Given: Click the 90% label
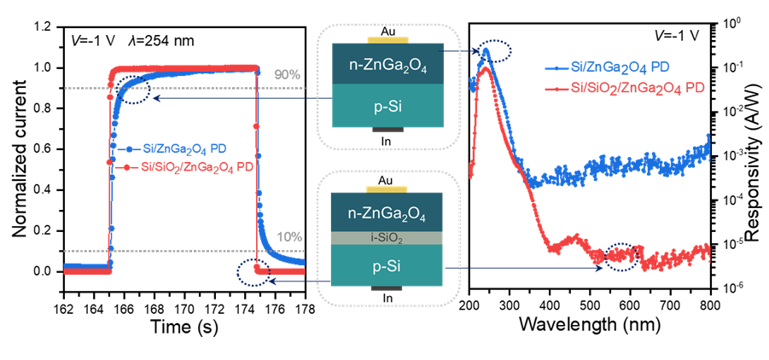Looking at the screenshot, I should [288, 75].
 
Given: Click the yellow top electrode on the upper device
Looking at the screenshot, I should [388, 39].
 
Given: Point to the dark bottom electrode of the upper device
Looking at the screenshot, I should [388, 131].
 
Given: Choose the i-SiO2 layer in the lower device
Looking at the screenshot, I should [388, 238].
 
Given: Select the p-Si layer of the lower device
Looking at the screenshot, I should [388, 266].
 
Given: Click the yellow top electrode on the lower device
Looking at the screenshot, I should [388, 188].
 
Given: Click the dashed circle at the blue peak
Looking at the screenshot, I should [495, 54].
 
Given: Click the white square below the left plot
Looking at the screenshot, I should [104, 333].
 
